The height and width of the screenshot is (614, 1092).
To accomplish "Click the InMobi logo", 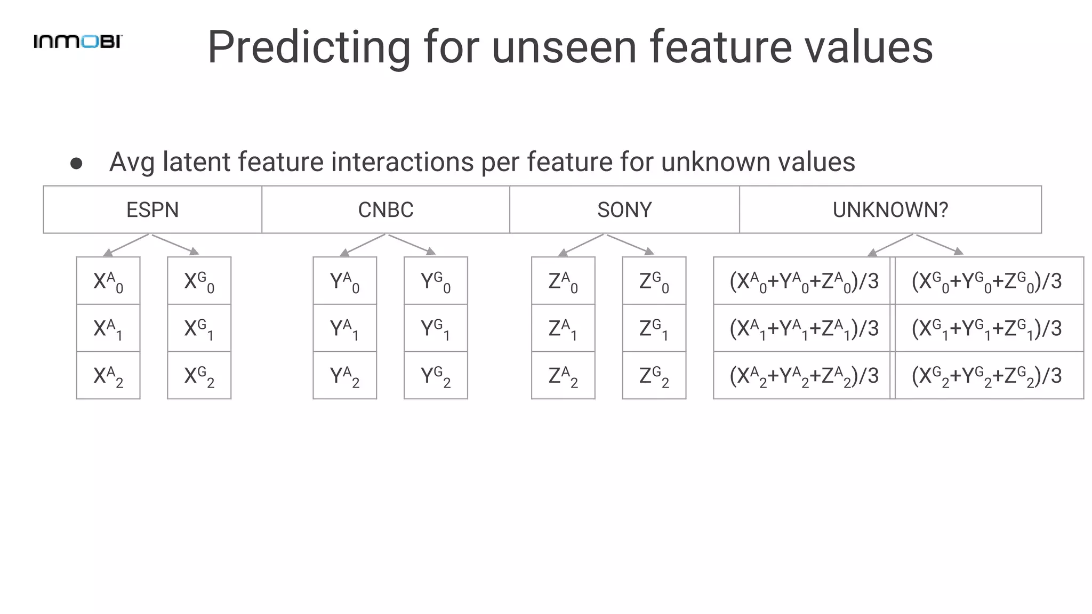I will (x=78, y=42).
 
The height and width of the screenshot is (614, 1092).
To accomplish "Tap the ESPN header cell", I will (x=152, y=209).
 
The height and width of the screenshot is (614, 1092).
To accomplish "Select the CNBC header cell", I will (x=386, y=209).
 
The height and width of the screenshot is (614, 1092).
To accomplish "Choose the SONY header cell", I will (x=624, y=209).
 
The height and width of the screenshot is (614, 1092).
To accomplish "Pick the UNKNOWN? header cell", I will (x=890, y=209).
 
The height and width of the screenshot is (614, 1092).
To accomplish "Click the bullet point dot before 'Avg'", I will (x=76, y=164).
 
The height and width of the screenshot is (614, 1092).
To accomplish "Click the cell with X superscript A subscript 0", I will (x=108, y=281).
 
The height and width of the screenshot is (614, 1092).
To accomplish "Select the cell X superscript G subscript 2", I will (x=199, y=375).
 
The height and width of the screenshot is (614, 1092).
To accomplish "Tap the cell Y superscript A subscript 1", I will (x=345, y=328).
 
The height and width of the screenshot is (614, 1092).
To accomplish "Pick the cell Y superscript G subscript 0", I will (x=436, y=281).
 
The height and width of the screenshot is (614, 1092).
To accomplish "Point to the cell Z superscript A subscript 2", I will (x=563, y=375).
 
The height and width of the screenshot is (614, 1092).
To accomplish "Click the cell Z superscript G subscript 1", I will (x=654, y=328).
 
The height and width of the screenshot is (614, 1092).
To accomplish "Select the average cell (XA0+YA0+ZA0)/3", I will (x=803, y=281).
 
